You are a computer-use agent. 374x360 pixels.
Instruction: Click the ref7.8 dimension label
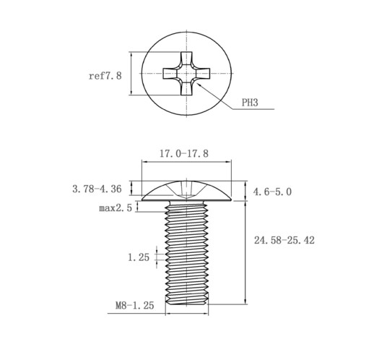click(105, 76)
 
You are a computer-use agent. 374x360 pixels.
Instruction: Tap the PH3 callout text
click(250, 103)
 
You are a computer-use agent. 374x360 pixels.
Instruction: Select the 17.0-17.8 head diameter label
click(184, 153)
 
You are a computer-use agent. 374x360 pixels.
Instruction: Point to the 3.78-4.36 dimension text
click(97, 189)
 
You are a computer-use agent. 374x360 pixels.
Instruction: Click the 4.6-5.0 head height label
click(272, 192)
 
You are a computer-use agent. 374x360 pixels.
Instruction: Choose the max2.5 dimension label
click(116, 207)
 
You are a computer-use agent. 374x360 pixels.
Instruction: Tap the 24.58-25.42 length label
click(284, 240)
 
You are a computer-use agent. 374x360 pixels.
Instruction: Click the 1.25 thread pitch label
click(139, 257)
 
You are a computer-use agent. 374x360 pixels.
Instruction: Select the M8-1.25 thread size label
click(134, 305)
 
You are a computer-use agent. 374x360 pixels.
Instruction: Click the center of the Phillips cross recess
click(186, 73)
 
